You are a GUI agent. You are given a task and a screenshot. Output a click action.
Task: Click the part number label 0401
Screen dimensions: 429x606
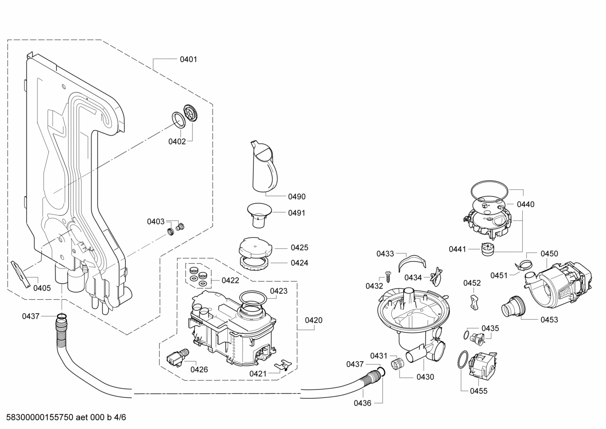coord(188,59)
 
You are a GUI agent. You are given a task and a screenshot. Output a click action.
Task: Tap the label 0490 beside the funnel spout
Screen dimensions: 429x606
coord(297,197)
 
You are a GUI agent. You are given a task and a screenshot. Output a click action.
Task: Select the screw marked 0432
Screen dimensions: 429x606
coord(388,278)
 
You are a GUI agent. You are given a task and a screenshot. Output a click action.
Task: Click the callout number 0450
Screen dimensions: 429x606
coord(549,253)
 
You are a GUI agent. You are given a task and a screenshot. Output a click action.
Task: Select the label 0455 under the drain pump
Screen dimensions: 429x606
coord(479,391)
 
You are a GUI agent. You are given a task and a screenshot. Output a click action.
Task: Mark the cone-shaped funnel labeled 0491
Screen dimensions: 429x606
coord(258,210)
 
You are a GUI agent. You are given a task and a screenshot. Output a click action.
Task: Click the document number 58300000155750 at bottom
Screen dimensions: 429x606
coord(37,418)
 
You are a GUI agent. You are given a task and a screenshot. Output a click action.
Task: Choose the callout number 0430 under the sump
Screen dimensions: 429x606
coord(425,377)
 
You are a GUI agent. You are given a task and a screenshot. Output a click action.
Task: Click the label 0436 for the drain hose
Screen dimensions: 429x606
coord(362,403)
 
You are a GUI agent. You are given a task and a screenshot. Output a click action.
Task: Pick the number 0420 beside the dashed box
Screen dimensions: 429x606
coord(314,320)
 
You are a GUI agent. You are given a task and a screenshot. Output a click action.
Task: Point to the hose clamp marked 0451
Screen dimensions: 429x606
coord(522,266)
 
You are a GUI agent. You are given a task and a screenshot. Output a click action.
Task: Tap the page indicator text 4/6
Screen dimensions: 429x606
coord(120,418)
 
